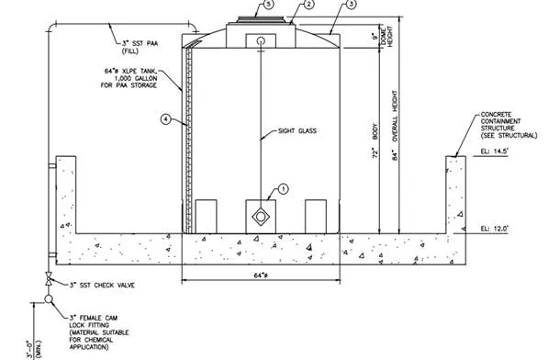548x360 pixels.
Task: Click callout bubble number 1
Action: (284, 189)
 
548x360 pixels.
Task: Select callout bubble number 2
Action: (309, 6)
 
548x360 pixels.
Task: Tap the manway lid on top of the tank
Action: (262, 19)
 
